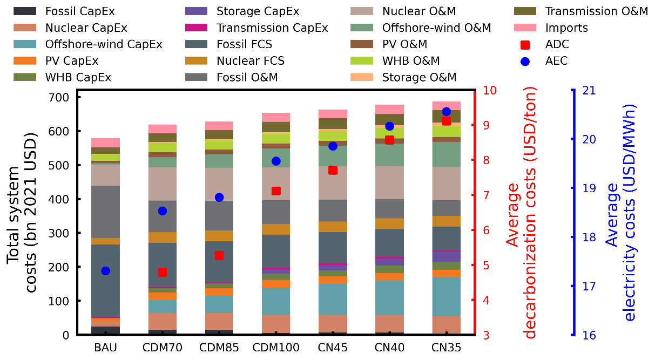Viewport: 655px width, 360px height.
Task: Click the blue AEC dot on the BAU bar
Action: point(106,271)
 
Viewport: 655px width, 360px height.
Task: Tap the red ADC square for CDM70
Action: point(163,272)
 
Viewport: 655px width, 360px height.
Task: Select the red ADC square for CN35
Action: point(446,120)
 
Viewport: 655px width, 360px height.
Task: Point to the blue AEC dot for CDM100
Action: point(276,161)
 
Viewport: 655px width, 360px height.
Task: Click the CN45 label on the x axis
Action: point(333,348)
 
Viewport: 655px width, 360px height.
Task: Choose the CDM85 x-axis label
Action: point(219,348)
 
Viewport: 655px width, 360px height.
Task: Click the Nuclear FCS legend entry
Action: point(250,61)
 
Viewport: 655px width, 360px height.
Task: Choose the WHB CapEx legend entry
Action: point(78,77)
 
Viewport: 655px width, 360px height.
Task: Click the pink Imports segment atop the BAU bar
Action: point(106,142)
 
